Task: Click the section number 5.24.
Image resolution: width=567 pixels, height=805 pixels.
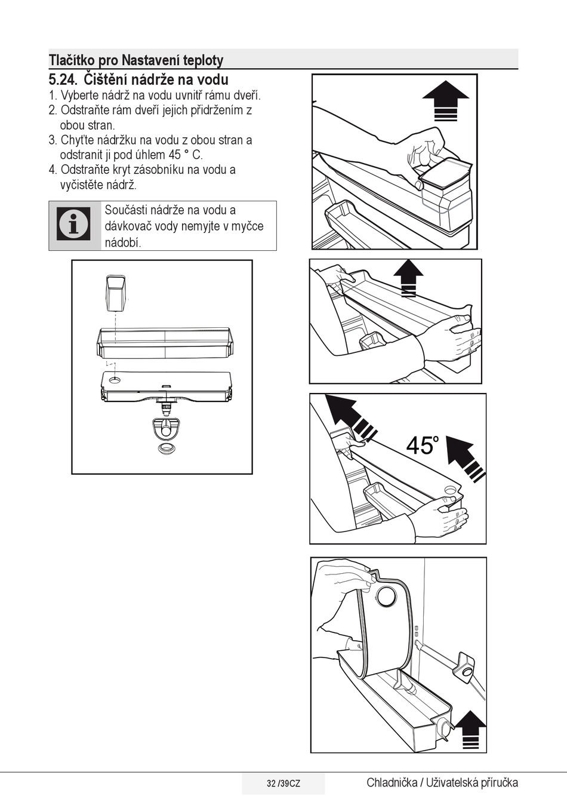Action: click(63, 79)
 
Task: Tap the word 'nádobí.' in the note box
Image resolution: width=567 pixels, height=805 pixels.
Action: click(123, 243)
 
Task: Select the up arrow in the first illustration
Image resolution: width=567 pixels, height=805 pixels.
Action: click(446, 100)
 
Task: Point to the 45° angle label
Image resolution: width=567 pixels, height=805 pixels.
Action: click(423, 445)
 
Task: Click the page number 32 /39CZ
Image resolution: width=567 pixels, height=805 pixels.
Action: click(283, 784)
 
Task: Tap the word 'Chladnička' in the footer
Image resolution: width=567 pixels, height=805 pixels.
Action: click(392, 782)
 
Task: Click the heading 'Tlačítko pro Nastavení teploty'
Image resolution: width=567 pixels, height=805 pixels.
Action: click(136, 60)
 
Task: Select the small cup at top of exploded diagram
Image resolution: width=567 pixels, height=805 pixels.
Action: click(116, 293)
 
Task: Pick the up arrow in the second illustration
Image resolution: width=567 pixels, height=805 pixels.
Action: click(408, 278)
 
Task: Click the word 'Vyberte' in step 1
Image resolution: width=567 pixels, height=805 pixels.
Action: click(78, 96)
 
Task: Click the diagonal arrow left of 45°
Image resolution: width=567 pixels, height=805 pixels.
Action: click(351, 416)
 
